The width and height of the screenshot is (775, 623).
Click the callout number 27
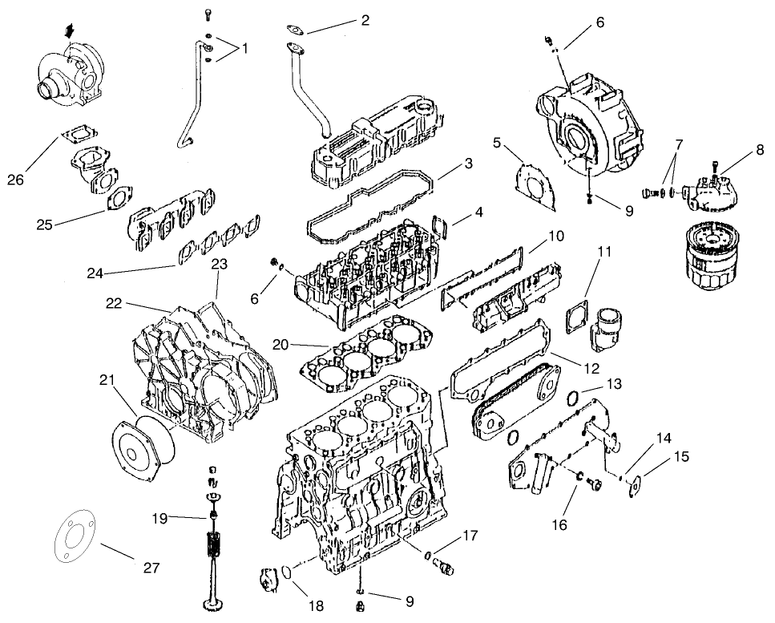[x=151, y=568]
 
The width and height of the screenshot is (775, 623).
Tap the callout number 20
[x=279, y=345]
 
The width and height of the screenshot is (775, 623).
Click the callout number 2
[x=365, y=20]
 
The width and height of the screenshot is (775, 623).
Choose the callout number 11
[x=604, y=251]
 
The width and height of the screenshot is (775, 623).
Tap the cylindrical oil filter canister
[x=708, y=261]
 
